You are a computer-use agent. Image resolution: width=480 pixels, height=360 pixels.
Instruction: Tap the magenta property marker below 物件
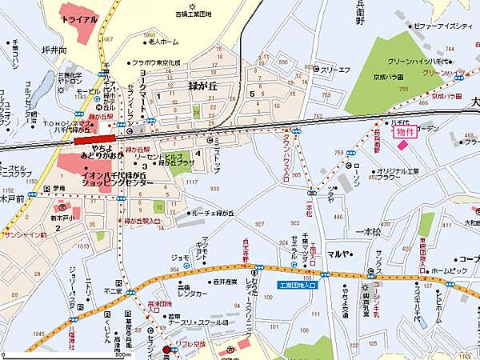pyautogui.click(x=402, y=146)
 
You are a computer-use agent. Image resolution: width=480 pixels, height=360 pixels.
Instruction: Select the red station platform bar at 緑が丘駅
pyautogui.click(x=93, y=139)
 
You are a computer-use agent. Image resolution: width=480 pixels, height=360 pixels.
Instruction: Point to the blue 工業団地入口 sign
pyautogui.click(x=298, y=285)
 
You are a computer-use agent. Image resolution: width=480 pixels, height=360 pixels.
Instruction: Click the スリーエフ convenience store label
pyautogui.click(x=337, y=69)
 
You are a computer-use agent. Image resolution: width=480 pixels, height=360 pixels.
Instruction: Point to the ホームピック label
pyautogui.click(x=449, y=270)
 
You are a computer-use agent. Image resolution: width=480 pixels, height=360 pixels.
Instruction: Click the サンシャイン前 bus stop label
pyautogui.click(x=24, y=236)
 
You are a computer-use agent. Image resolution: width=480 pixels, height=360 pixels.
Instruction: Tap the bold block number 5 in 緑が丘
pyautogui.click(x=252, y=94)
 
